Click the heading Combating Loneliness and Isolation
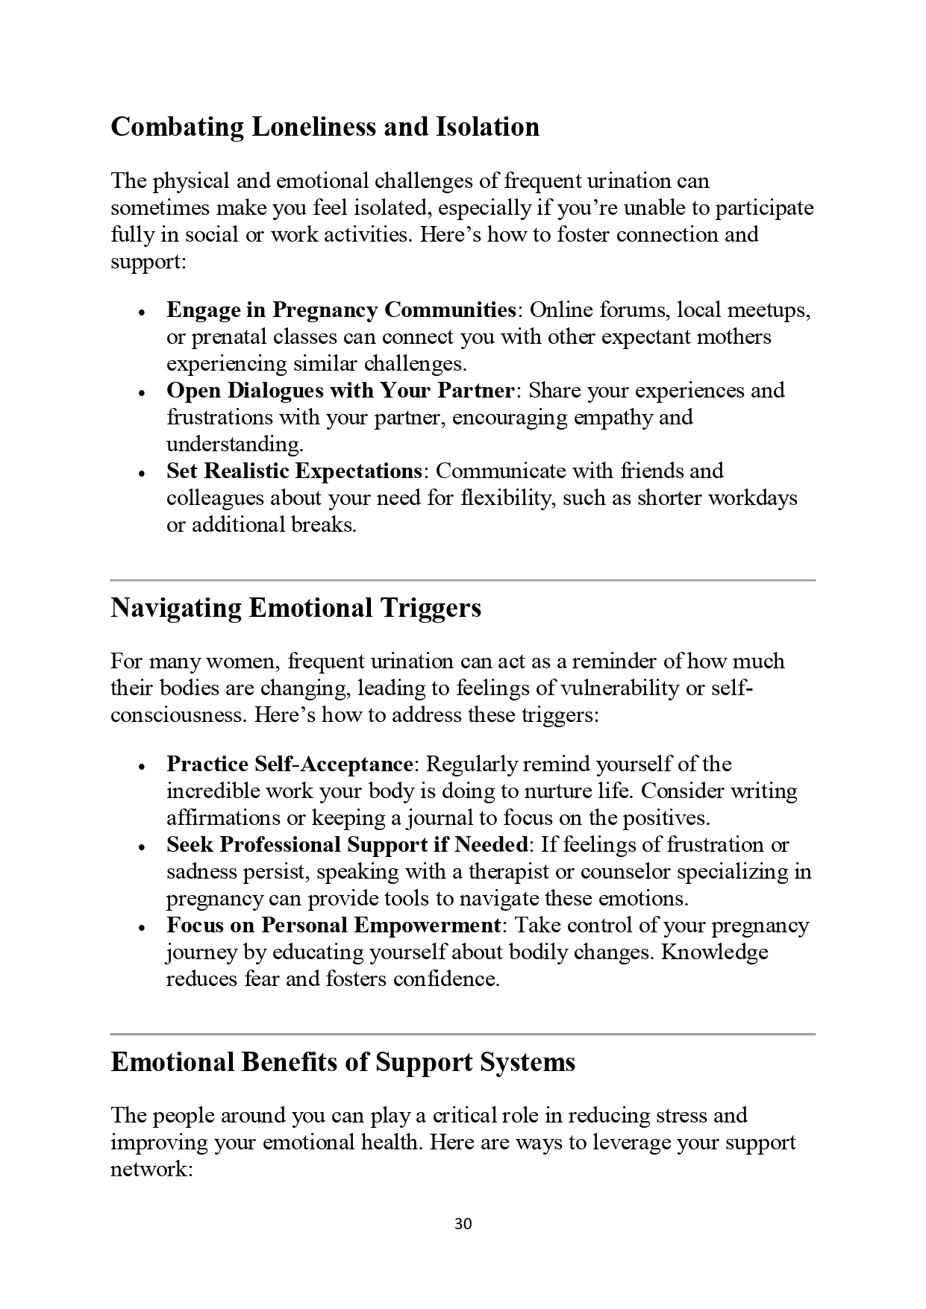[x=325, y=127]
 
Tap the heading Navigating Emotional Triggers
[x=295, y=608]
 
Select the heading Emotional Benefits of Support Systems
[x=342, y=1062]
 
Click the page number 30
[x=463, y=1224]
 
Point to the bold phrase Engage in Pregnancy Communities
[x=341, y=310]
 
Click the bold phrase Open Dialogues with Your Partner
[x=340, y=390]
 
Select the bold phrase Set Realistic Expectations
[x=295, y=471]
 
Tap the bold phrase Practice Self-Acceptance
[x=290, y=764]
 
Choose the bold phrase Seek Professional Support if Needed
[x=347, y=844]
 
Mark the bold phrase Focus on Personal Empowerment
[x=334, y=925]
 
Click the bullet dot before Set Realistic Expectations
[x=141, y=472]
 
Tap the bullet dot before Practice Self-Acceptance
[x=141, y=765]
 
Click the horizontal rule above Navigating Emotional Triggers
[x=463, y=580]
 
